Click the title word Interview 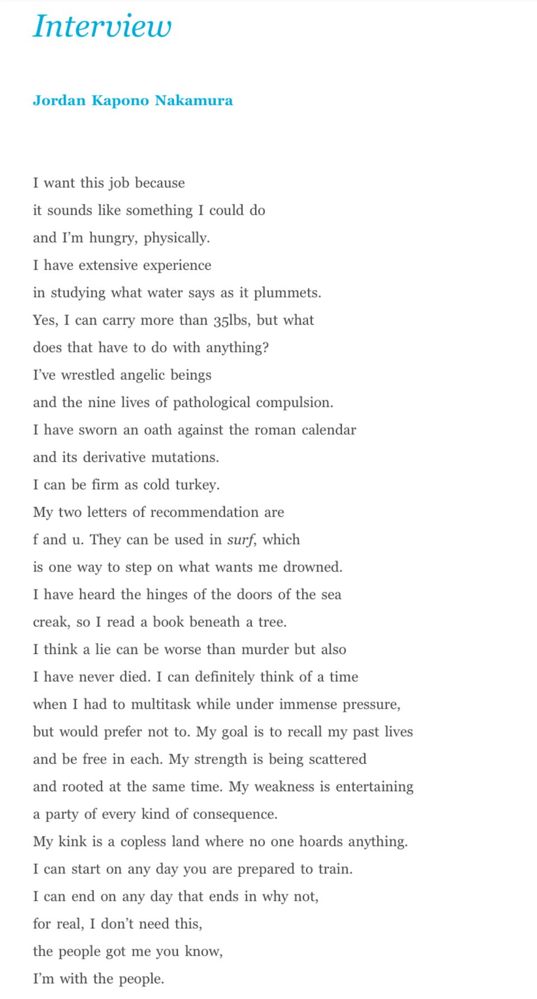point(102,26)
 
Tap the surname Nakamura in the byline point(194,101)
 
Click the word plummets point(287,293)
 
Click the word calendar point(328,430)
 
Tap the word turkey point(198,485)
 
